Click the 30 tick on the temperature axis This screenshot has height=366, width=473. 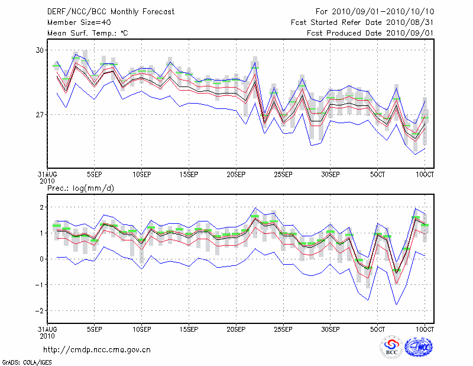click(x=40, y=50)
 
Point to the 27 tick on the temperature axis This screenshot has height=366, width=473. click(x=40, y=114)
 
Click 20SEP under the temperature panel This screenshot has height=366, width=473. click(x=236, y=175)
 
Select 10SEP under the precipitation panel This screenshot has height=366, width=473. click(x=141, y=329)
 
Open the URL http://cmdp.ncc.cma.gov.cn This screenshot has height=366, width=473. click(x=98, y=349)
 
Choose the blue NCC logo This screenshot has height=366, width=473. click(x=419, y=348)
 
